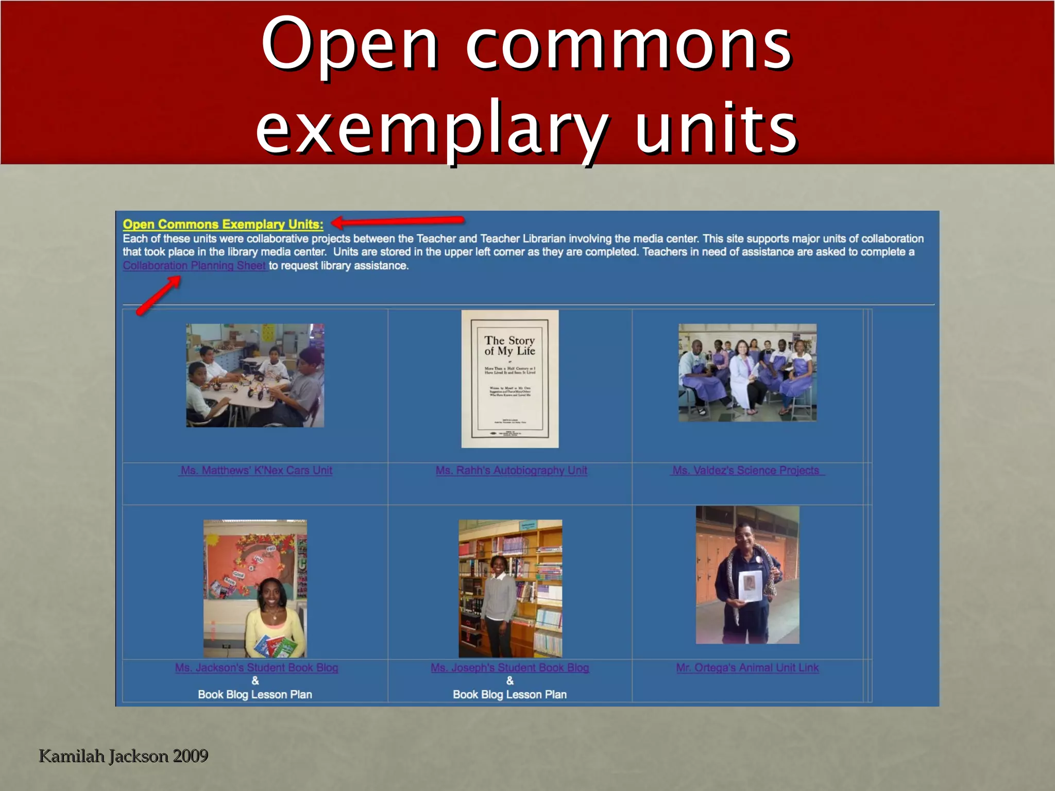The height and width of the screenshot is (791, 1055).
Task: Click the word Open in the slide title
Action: [x=350, y=45]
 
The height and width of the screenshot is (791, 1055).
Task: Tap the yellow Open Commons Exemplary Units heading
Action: [x=223, y=225]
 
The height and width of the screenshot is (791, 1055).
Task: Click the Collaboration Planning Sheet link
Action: [x=194, y=266]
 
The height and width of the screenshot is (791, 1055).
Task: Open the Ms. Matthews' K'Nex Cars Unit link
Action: [x=256, y=471]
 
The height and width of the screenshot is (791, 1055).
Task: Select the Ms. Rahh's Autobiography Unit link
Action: [x=511, y=471]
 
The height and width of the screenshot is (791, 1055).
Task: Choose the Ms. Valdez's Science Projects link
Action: [x=746, y=471]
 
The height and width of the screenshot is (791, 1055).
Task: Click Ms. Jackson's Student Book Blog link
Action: [x=256, y=668]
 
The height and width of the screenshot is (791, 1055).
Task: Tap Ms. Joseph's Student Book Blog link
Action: [x=509, y=668]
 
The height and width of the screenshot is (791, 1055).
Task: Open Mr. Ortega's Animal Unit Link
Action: [x=747, y=668]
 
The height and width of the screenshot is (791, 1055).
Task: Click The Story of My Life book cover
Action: [x=509, y=379]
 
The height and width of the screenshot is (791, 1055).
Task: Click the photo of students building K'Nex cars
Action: [x=255, y=375]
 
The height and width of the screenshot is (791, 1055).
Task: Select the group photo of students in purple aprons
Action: [x=747, y=373]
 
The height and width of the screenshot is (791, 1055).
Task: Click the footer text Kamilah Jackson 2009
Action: [x=124, y=756]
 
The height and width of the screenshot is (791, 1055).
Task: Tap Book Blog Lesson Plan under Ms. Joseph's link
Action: [x=509, y=695]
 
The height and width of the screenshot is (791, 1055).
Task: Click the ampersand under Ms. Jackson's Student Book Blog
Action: [x=255, y=681]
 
